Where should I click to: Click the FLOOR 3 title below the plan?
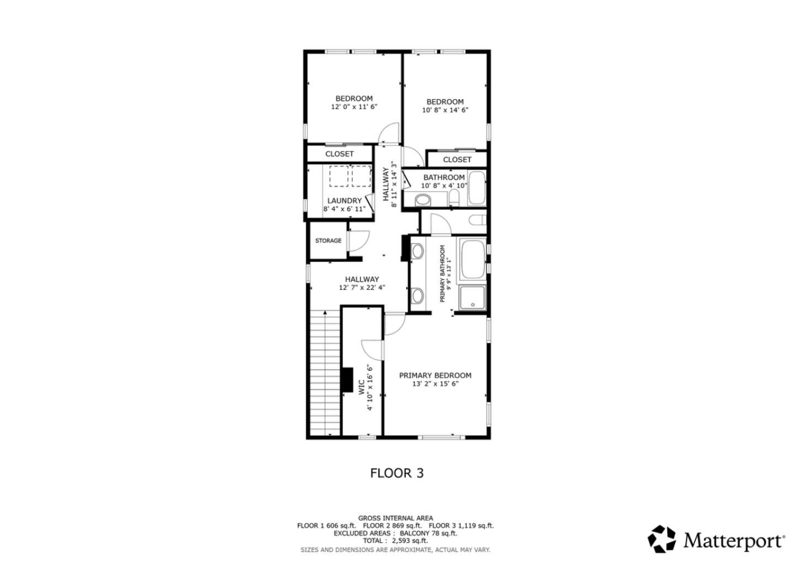(x=396, y=473)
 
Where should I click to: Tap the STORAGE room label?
(x=328, y=241)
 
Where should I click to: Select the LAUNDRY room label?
(x=345, y=201)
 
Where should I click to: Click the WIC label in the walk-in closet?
(x=362, y=386)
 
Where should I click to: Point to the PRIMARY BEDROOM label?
(x=435, y=375)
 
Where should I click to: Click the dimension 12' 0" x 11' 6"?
(x=354, y=107)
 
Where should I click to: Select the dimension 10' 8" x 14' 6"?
(x=445, y=110)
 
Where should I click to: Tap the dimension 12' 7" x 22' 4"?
(x=362, y=287)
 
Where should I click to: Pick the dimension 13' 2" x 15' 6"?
(x=435, y=384)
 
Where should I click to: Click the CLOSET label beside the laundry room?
(x=339, y=154)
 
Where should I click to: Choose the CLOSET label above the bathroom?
(x=457, y=159)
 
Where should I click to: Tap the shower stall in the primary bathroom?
(x=473, y=297)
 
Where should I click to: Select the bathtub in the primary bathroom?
(x=472, y=260)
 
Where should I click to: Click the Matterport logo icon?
(x=662, y=539)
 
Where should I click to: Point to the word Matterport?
(x=733, y=540)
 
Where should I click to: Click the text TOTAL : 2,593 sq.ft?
(x=395, y=541)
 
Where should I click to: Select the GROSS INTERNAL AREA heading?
(x=395, y=518)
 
